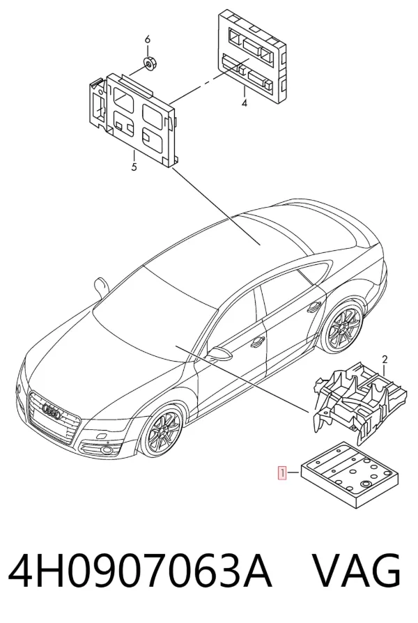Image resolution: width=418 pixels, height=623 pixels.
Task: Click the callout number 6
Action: pos(148,39)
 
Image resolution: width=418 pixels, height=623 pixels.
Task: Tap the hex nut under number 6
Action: pos(149,63)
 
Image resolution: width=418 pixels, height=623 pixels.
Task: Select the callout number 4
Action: pos(245,103)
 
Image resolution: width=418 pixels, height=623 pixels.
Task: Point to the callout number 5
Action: pos(134,167)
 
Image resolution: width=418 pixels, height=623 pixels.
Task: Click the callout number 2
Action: pos(385,360)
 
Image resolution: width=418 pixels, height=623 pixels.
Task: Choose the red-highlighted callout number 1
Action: pos(282,472)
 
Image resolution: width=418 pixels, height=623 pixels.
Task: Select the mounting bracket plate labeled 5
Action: pos(133,118)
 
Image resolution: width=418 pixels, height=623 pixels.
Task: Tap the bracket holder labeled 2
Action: pos(359,402)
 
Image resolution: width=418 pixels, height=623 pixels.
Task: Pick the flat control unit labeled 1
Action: pos(349,475)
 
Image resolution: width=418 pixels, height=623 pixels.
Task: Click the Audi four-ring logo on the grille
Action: pos(52,413)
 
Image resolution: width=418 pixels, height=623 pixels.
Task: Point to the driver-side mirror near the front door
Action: pos(219,354)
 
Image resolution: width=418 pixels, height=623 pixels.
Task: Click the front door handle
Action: pos(258,340)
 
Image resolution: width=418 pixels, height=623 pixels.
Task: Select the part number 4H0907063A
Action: pos(140,571)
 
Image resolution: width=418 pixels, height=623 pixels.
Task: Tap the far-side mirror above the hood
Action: pos(100,287)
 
